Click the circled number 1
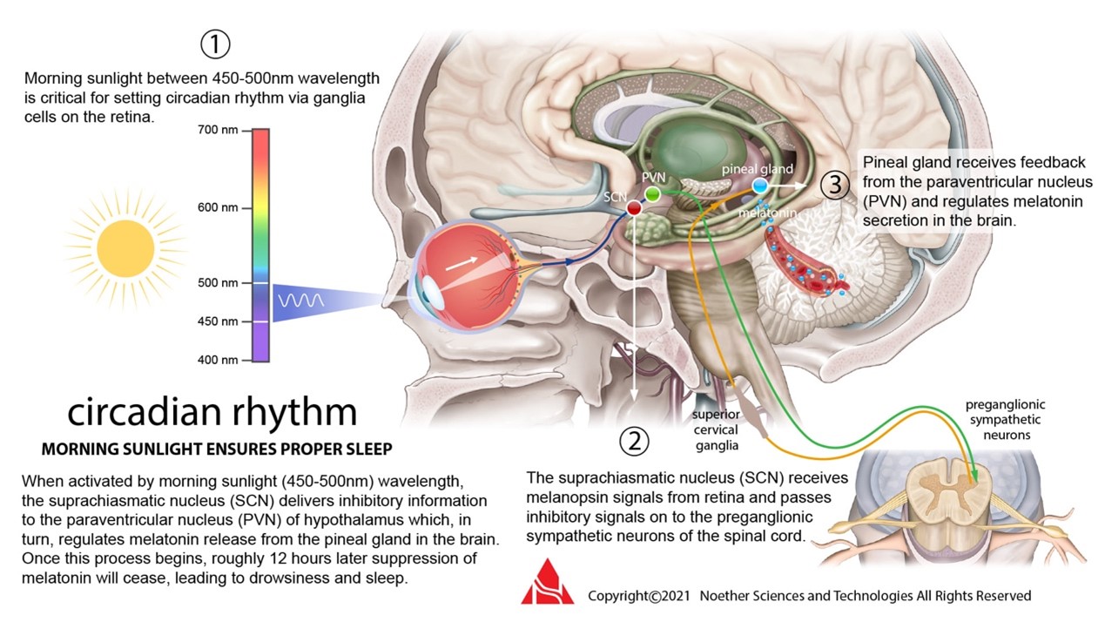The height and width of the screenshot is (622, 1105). pyautogui.click(x=215, y=44)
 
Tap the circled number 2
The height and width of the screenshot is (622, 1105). pyautogui.click(x=634, y=442)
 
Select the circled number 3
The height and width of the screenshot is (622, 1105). pyautogui.click(x=835, y=185)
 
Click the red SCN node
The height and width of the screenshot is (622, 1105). pyautogui.click(x=635, y=209)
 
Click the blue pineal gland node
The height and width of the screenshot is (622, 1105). pyautogui.click(x=760, y=186)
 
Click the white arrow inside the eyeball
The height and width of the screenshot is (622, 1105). pyautogui.click(x=462, y=260)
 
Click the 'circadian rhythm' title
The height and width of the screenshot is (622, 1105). pyautogui.click(x=212, y=413)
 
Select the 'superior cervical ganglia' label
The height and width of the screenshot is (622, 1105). pyautogui.click(x=715, y=429)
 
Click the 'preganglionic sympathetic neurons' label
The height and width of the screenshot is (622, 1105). pyautogui.click(x=1005, y=419)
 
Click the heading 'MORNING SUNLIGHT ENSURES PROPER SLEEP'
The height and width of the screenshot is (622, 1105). pyautogui.click(x=217, y=450)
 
